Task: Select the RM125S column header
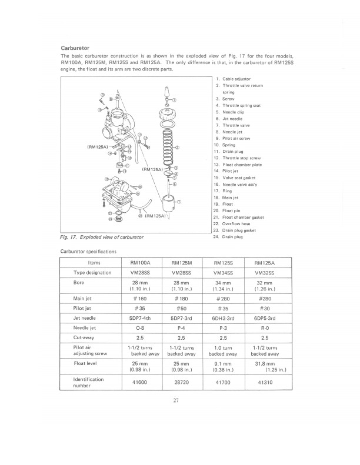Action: tap(223, 263)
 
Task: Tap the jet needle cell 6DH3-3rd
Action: tap(223, 318)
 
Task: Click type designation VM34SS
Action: tap(223, 273)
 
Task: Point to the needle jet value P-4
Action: tap(182, 327)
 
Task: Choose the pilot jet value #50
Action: tap(182, 308)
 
